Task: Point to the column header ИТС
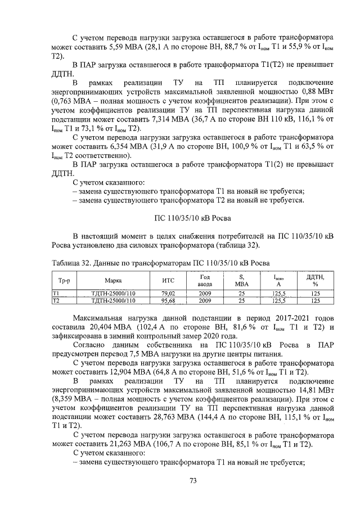[169, 280]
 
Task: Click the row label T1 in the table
[56, 293]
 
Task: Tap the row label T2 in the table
[56, 301]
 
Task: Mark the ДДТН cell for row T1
[315, 293]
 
